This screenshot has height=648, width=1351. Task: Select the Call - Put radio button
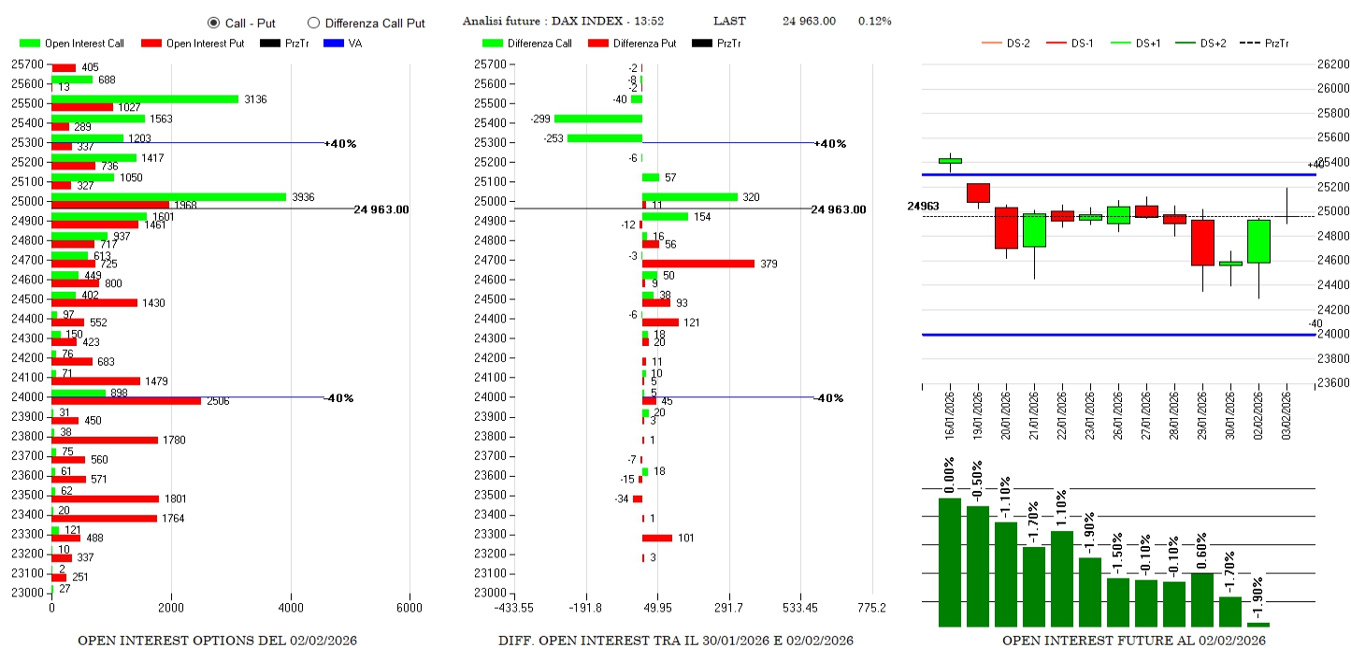213,22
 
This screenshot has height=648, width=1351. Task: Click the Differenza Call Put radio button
313,22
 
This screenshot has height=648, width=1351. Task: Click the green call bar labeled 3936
168,196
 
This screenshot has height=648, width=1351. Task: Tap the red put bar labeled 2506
126,401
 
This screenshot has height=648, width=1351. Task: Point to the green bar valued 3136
145,99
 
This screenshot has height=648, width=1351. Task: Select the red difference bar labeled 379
697,264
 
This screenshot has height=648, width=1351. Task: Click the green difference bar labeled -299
598,119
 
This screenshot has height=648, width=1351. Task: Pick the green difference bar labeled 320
689,196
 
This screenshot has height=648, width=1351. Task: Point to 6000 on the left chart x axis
410,608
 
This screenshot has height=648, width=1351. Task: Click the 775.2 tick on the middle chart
871,608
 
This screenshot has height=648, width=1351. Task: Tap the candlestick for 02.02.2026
1258,241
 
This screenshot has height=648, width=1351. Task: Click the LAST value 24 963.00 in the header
809,21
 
